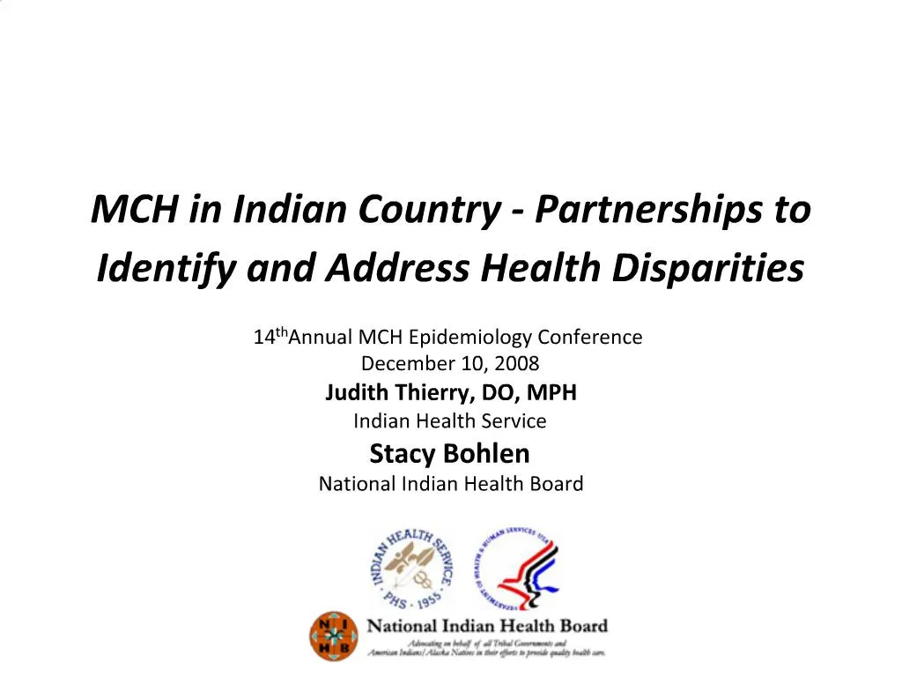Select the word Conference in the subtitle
coord(590,337)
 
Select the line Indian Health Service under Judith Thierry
coord(449,421)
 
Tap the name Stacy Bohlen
coord(449,454)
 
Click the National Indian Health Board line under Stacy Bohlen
coord(450,484)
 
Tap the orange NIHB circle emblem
coord(334,636)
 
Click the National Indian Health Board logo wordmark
coord(487,627)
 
